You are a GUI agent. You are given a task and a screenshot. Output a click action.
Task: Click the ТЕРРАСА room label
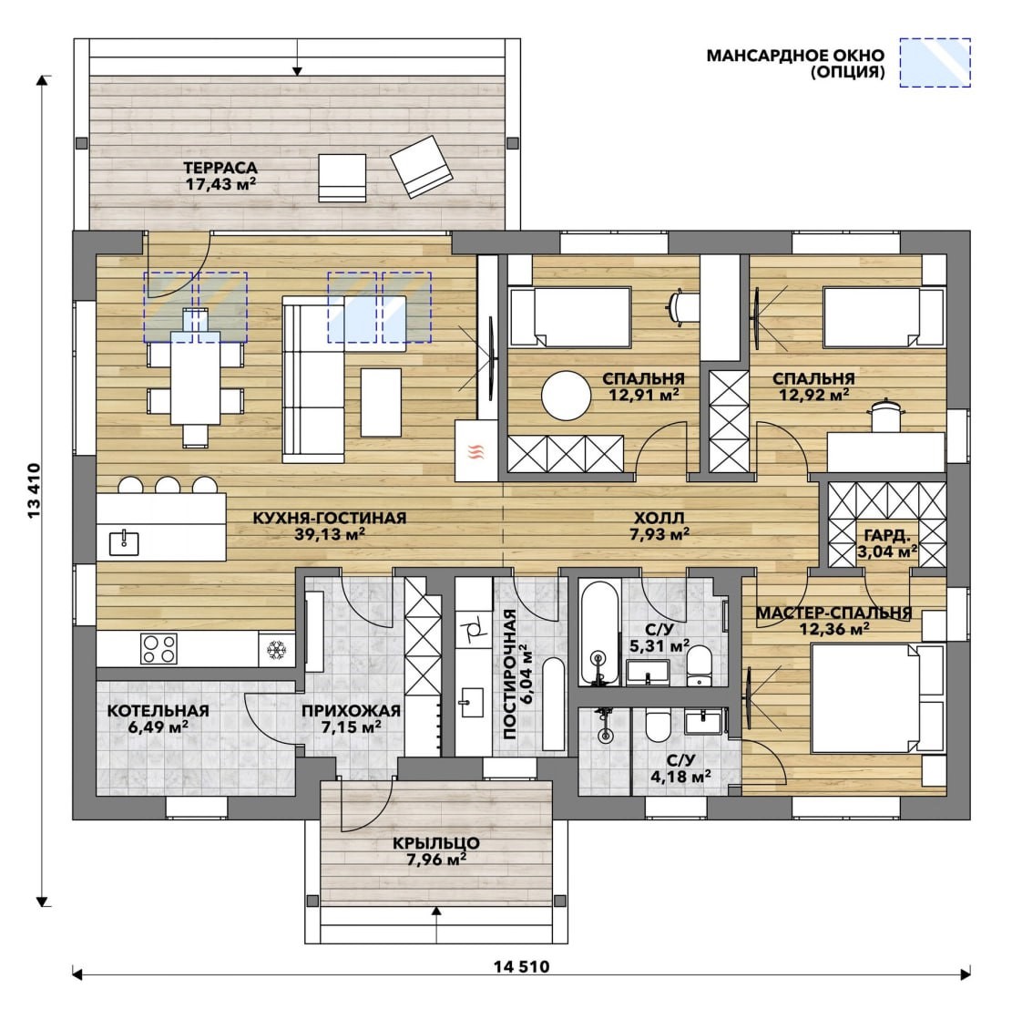(220, 168)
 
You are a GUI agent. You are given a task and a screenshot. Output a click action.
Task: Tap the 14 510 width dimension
(521, 966)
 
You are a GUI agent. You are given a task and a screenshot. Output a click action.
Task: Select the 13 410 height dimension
(34, 489)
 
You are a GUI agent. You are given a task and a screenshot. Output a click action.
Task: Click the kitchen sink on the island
(124, 541)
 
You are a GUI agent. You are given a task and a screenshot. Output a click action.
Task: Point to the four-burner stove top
(158, 649)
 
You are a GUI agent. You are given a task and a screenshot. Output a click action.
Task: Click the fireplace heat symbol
(477, 451)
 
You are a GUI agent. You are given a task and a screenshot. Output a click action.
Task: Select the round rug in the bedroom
(567, 396)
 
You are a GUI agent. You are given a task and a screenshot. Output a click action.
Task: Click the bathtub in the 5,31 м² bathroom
(599, 633)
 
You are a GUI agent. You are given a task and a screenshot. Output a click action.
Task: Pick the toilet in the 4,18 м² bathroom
(658, 726)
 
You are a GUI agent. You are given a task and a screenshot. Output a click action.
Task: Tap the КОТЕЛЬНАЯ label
(158, 710)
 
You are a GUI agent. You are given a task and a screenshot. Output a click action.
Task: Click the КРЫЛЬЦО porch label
(436, 843)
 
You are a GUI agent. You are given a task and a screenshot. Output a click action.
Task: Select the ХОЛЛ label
(659, 518)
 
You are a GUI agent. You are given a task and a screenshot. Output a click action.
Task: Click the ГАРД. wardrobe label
(887, 536)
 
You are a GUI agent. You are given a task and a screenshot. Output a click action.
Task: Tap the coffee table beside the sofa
(381, 402)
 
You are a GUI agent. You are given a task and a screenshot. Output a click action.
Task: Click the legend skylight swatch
(935, 63)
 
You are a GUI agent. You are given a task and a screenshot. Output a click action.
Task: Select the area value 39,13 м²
(330, 534)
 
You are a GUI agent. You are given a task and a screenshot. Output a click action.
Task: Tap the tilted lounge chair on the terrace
(421, 166)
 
